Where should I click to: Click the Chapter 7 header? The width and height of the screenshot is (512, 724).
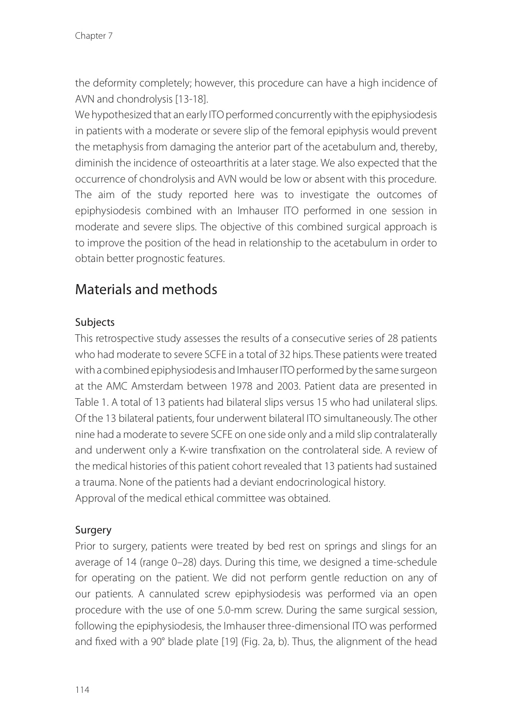[x=93, y=36]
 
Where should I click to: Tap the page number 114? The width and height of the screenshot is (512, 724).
[x=82, y=690]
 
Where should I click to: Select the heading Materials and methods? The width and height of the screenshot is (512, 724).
[x=146, y=290]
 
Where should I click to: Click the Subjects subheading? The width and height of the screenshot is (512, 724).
[x=95, y=322]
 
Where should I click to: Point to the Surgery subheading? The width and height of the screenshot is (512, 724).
[x=93, y=530]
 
